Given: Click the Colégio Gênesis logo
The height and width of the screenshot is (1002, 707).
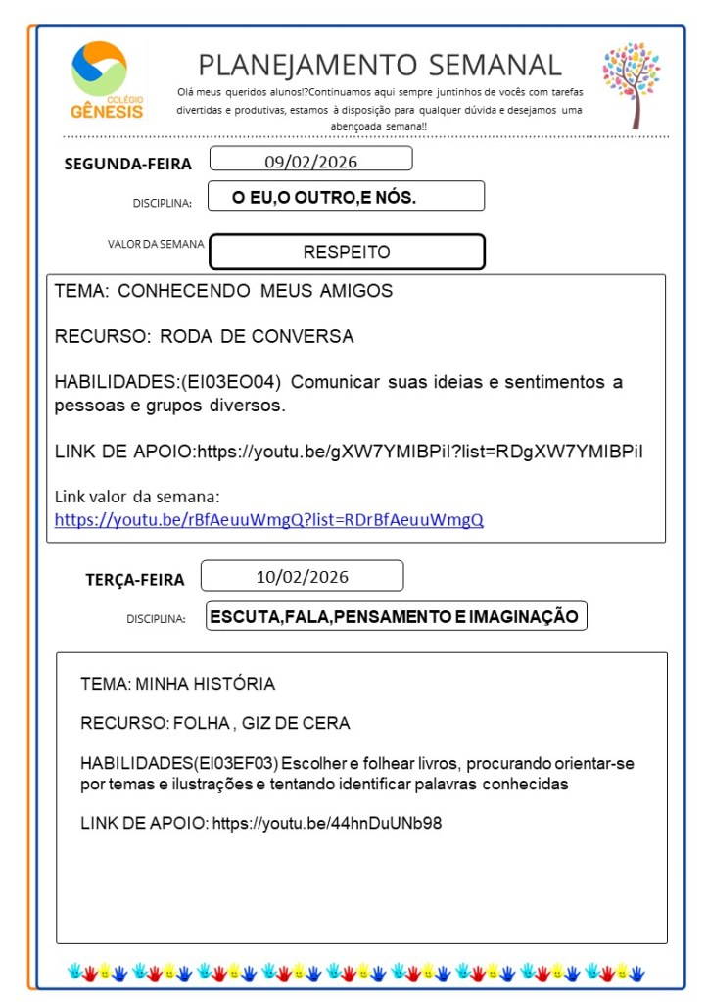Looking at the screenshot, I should tap(107, 80).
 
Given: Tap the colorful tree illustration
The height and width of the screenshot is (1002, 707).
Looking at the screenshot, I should tap(632, 84).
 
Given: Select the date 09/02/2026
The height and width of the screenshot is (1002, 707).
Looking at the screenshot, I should tap(310, 160).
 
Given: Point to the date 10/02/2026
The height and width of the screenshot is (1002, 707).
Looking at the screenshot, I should tap(302, 576).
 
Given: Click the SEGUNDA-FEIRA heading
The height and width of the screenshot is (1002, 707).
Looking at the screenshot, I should tap(128, 164).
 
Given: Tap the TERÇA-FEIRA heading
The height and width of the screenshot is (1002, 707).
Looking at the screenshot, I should tap(135, 580).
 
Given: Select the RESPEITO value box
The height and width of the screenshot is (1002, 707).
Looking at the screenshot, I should tap(347, 252).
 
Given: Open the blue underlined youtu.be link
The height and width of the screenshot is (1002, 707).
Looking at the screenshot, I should tap(268, 520).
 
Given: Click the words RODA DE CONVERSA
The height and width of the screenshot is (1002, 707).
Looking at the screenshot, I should tap(257, 336).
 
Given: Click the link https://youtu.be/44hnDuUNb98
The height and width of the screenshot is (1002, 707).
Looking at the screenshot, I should tap(327, 823).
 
